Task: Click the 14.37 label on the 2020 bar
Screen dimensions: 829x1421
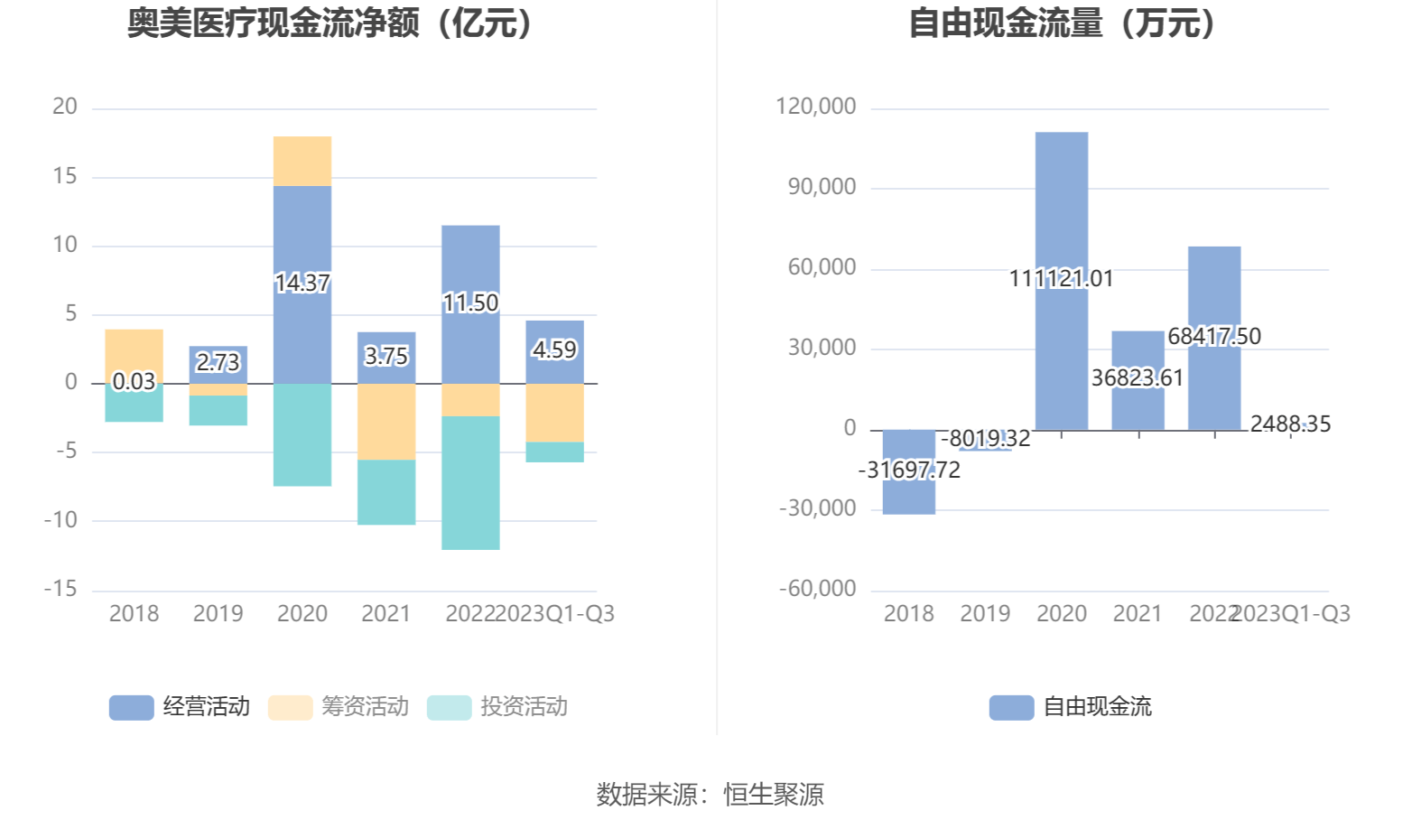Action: click(302, 284)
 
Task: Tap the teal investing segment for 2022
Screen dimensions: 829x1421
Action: click(470, 482)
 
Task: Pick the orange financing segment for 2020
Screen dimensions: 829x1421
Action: click(302, 161)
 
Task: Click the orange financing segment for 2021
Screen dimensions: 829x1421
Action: click(386, 422)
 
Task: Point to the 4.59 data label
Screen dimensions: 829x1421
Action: click(554, 349)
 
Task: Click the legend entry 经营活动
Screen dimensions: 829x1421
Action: click(180, 707)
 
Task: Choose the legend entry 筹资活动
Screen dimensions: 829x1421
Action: click(339, 707)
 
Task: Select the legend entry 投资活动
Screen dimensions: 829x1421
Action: click(497, 707)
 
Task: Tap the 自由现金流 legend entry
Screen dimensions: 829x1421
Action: click(1071, 707)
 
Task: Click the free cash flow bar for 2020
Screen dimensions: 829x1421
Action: click(1062, 208)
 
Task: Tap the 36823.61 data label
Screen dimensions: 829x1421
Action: click(1138, 377)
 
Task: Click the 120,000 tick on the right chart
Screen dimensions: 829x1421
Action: click(816, 107)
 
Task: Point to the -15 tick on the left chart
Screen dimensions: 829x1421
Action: click(61, 589)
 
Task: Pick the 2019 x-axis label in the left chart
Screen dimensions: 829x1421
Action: click(218, 614)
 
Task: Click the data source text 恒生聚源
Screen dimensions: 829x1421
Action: click(774, 795)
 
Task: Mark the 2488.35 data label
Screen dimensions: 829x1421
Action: click(1290, 424)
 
